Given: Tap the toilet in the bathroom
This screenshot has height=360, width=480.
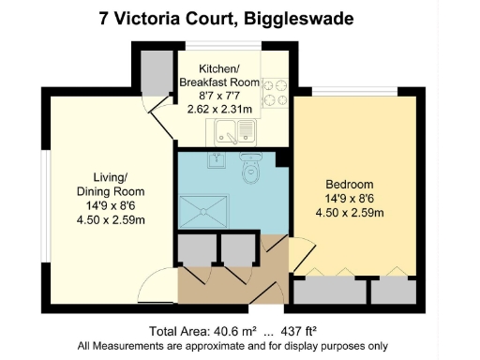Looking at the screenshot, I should tap(250, 172).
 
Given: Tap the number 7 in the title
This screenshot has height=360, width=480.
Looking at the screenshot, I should tap(104, 18).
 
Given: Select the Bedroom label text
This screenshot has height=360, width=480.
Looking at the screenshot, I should tap(350, 184).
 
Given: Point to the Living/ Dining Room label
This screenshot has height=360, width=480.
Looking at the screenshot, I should tap(117, 184).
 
